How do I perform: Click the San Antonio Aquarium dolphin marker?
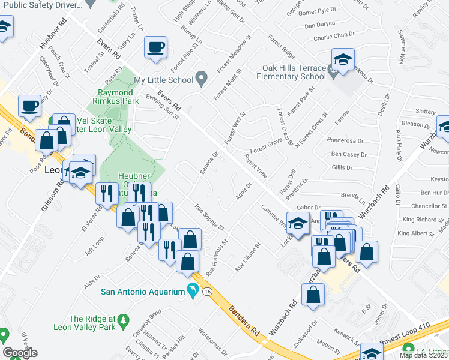pos(192,291)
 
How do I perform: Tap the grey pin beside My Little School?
pos(202,79)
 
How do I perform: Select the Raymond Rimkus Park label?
pos(116,97)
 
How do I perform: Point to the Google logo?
pos(20,353)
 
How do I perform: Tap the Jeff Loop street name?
pos(94,245)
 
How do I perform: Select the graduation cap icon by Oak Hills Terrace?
pos(343,59)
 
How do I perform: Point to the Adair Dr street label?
pos(243,193)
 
